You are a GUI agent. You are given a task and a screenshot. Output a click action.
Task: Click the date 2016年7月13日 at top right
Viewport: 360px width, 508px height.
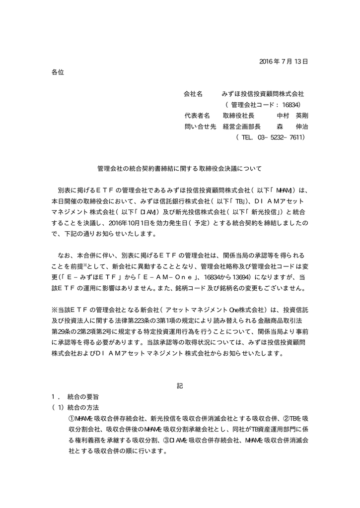point(284,62)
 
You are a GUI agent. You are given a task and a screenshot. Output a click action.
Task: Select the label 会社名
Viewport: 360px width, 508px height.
point(193,93)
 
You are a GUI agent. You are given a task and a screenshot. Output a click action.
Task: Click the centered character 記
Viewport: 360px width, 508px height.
point(180,387)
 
